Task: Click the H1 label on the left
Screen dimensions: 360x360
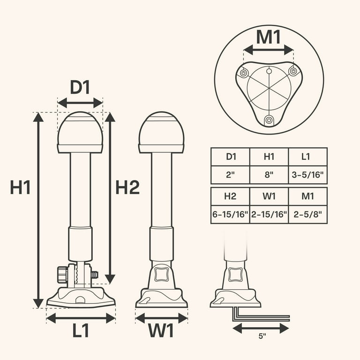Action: (20, 188)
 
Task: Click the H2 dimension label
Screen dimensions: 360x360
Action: (127, 188)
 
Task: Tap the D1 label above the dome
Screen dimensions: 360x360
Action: (80, 88)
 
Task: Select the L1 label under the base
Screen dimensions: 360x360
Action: (81, 331)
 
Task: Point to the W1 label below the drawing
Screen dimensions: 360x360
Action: (161, 331)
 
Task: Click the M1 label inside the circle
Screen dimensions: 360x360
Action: (269, 37)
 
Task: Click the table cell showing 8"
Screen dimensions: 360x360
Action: (269, 175)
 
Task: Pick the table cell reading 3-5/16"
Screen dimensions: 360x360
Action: (307, 175)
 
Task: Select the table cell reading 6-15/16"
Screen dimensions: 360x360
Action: (230, 215)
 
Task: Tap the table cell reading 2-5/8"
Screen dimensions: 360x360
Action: (307, 215)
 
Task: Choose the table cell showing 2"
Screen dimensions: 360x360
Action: (230, 175)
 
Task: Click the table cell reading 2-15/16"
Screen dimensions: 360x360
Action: (269, 215)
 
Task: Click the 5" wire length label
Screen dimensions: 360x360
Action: (262, 336)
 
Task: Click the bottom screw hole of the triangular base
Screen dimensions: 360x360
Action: (269, 120)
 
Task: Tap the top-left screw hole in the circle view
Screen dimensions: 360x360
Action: (244, 73)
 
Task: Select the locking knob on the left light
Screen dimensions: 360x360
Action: (62, 274)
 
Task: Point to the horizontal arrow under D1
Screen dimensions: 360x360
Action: (80, 103)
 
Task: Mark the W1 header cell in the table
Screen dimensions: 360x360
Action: (269, 195)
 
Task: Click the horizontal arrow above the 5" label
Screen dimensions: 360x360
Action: (261, 328)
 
